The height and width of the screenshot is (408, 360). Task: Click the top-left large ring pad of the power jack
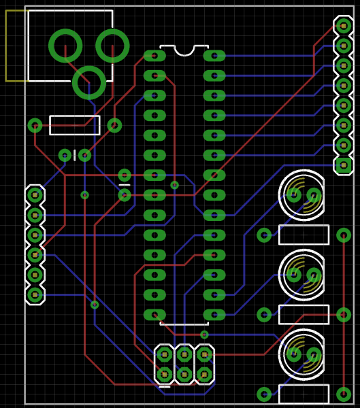65,46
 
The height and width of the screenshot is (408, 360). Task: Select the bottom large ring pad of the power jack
89,82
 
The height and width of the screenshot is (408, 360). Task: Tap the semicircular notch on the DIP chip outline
184,50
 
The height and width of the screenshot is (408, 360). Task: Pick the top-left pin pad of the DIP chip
154,56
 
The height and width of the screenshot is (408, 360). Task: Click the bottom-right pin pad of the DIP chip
214,315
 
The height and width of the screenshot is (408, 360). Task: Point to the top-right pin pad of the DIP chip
214,56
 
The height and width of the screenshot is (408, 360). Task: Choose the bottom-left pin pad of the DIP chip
154,315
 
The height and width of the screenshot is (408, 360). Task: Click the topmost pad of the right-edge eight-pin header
344,26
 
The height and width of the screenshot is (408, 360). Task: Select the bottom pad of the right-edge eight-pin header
344,165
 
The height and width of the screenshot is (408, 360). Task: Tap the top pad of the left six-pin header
35,195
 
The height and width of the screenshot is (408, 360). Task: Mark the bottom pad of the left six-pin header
35,295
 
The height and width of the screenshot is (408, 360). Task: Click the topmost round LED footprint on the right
304,195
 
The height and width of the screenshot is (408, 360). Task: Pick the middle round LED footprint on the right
304,275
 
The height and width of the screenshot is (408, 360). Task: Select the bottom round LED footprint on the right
304,354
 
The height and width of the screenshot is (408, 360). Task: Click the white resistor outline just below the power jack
75,125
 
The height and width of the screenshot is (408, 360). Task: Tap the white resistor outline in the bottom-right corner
304,394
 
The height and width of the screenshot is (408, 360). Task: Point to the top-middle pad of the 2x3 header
184,354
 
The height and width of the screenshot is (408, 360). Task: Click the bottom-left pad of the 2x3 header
165,375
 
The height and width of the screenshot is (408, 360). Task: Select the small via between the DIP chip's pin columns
175,185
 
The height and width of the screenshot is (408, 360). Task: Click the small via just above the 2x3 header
204,335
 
